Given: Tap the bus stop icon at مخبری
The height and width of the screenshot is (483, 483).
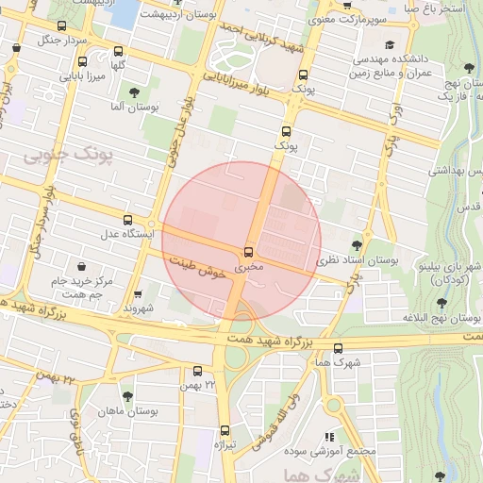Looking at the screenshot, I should coord(248,252).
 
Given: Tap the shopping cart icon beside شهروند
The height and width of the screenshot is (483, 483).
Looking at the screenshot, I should coord(140,294).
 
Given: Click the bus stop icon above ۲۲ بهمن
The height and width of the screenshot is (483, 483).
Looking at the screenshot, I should coord(197,371).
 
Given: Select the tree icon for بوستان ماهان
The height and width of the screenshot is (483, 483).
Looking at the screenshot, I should coord(127,396).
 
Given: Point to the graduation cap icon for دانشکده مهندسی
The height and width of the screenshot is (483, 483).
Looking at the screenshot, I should coord(391,44).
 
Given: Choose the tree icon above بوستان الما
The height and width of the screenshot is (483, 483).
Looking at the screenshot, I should coord(133,92).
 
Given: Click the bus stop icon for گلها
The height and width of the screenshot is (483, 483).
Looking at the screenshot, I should coord(117,52).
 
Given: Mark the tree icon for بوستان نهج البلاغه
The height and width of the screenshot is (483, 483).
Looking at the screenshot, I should coord(441,304).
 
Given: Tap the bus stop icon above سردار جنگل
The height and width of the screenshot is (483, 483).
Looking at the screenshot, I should coord(62,26).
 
